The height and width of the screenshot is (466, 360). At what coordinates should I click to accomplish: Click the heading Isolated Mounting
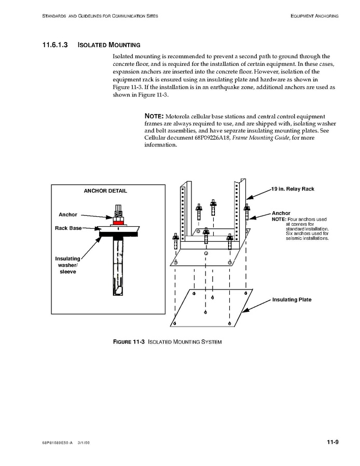coord(109,45)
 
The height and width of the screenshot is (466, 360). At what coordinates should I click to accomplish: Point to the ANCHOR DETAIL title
coord(105,191)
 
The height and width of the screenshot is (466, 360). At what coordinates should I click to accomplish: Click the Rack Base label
coord(68,228)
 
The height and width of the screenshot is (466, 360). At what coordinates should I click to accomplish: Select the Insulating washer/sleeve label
coord(67,265)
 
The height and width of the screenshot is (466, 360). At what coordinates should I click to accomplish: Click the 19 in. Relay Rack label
coord(293,189)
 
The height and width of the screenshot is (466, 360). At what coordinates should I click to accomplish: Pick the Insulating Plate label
coord(292,299)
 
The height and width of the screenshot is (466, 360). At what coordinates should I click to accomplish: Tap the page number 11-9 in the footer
coord(333,442)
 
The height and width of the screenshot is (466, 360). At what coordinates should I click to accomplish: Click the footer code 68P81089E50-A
coord(58,443)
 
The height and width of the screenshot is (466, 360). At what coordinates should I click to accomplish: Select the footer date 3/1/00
coord(84,443)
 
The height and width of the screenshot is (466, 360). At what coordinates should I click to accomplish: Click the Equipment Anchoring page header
coord(314,16)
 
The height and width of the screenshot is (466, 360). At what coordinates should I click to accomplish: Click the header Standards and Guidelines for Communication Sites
coord(100,16)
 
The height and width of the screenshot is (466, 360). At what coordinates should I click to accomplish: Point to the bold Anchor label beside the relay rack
coord(281,213)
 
